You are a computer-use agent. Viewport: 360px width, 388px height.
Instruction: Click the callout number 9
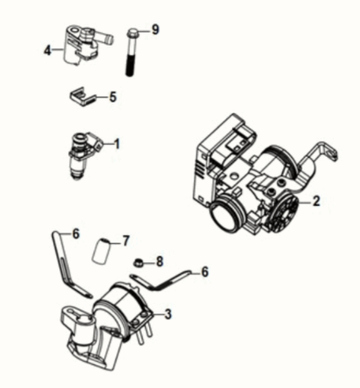click(x=155, y=30)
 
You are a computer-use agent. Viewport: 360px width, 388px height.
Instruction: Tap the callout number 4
click(x=47, y=50)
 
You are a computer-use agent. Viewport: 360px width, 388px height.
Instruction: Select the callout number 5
click(x=113, y=97)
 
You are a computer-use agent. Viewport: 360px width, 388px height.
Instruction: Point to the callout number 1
click(x=117, y=144)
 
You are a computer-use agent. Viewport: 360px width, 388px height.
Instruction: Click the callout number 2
click(x=316, y=201)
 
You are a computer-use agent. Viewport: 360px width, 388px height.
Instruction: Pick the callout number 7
click(x=126, y=241)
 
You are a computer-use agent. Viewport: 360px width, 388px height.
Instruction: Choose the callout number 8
click(x=159, y=262)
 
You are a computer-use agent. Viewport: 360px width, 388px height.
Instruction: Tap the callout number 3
click(x=168, y=314)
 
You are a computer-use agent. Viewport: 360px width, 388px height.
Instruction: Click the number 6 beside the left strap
click(x=76, y=234)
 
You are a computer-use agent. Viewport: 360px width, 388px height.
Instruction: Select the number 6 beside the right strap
click(x=205, y=272)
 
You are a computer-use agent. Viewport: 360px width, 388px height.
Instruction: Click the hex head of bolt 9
click(x=132, y=33)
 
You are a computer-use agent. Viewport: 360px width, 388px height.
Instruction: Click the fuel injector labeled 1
click(x=82, y=154)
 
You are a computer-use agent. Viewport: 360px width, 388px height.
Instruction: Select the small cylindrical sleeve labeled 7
click(x=101, y=251)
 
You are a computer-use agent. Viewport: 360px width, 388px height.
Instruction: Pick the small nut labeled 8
click(x=138, y=262)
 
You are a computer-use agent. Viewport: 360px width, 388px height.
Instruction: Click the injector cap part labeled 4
click(x=80, y=46)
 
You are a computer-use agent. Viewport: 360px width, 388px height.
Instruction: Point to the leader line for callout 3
click(x=158, y=314)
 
